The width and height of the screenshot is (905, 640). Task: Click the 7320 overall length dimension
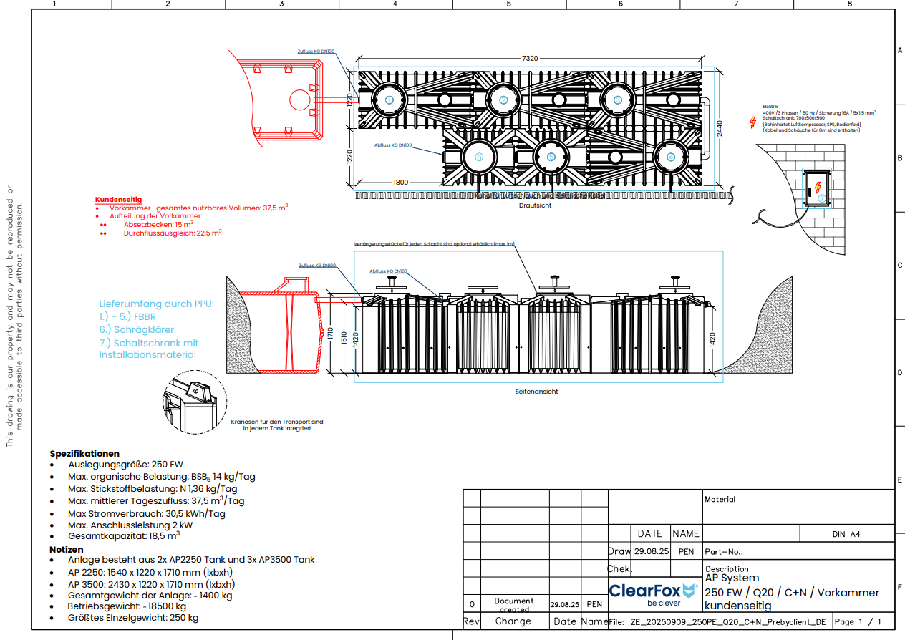point(529,59)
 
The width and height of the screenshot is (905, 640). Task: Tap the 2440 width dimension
point(720,128)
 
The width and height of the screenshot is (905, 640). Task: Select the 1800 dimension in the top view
point(401,182)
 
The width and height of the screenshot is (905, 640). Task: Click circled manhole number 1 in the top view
point(389,100)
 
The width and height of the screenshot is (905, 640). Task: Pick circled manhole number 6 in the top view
point(479,157)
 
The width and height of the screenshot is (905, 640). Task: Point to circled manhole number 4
point(671,157)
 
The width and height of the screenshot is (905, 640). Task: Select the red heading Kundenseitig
point(118,200)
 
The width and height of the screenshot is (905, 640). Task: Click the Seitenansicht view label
point(536,392)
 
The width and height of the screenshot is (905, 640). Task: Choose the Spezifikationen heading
point(84,454)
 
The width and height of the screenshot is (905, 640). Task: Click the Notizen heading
point(67,549)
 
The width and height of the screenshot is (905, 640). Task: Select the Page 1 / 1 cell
point(858,621)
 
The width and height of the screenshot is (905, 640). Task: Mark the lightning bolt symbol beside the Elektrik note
point(752,122)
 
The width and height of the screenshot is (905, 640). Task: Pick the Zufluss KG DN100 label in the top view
point(316,52)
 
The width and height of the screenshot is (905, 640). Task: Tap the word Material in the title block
point(720,499)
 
